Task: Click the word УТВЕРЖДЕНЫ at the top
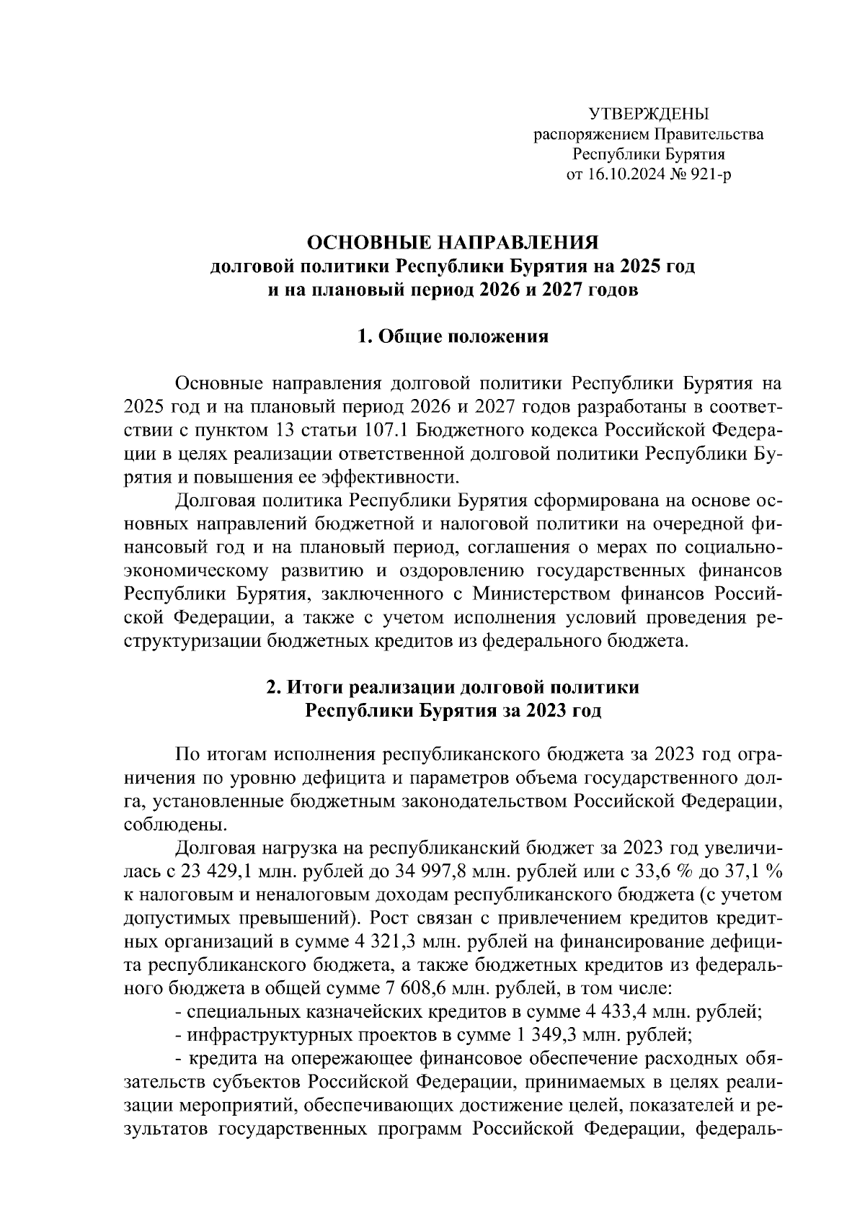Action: point(648,114)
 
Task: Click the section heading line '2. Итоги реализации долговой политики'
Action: point(453,687)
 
